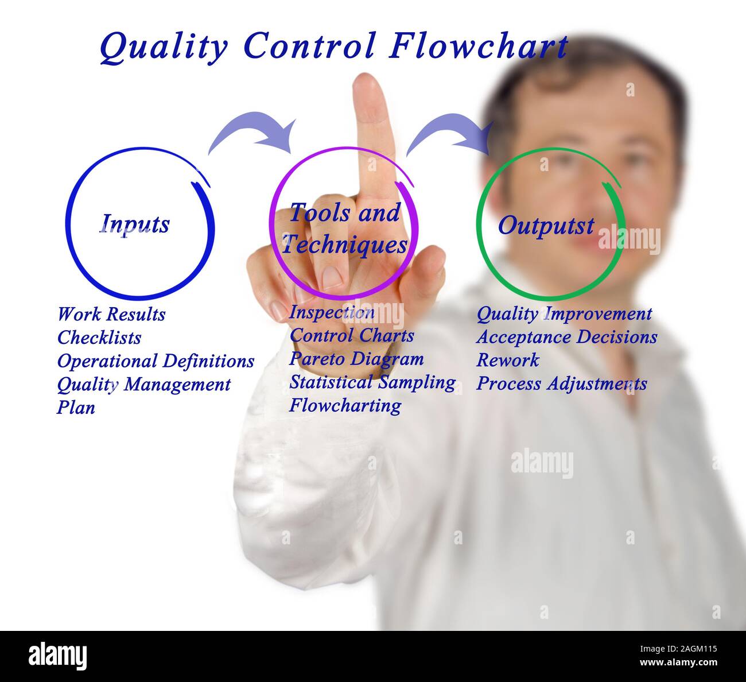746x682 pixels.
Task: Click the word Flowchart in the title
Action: pos(479,46)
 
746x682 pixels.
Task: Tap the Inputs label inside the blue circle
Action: pos(135,223)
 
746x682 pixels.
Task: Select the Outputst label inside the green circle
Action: pos(545,225)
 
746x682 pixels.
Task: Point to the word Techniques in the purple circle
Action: pos(344,245)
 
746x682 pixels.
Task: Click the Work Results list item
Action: pos(111,314)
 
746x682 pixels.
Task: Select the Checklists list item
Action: pos(99,338)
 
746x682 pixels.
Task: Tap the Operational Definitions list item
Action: pos(156,361)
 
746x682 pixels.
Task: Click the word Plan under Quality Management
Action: pos(76,408)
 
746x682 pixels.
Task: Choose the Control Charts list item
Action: pos(351,335)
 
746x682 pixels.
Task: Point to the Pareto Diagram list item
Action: pos(356,359)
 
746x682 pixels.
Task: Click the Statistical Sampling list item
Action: pos(372,382)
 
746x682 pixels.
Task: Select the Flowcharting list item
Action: pos(345,405)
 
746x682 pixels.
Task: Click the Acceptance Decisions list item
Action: pos(566,336)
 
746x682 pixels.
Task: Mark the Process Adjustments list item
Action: pos(561,383)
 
